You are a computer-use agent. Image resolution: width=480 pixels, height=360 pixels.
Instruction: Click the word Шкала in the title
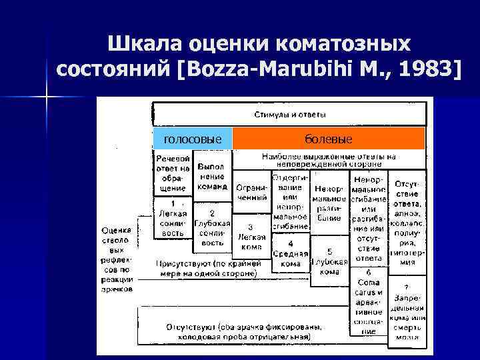pos(147,45)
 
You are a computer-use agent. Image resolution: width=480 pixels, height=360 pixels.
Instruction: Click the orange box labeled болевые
pos(327,138)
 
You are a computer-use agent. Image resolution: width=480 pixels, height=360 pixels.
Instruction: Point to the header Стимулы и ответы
pos(289,115)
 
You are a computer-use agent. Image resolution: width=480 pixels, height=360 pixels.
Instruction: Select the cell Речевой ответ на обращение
pos(173,173)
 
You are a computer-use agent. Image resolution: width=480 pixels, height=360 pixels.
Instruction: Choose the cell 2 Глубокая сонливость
pos(211,229)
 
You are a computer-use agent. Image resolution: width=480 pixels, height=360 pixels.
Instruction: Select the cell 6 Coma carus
pos(367,300)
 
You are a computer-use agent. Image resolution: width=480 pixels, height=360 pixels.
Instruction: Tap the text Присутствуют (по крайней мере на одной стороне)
pos(207,268)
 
